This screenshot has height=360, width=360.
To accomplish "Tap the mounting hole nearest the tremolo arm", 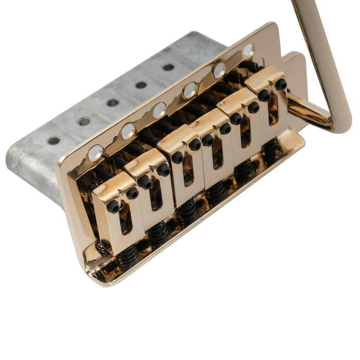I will point(248,50).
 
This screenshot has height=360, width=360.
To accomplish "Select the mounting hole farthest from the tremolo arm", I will point(96,153).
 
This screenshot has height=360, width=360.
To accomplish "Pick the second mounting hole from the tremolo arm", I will point(220,70).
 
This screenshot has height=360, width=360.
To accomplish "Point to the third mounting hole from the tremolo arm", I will point(190,90).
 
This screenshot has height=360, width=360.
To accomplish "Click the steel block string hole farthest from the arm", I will point(53,140).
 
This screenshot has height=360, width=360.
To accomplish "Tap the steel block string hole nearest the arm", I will point(168,67).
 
